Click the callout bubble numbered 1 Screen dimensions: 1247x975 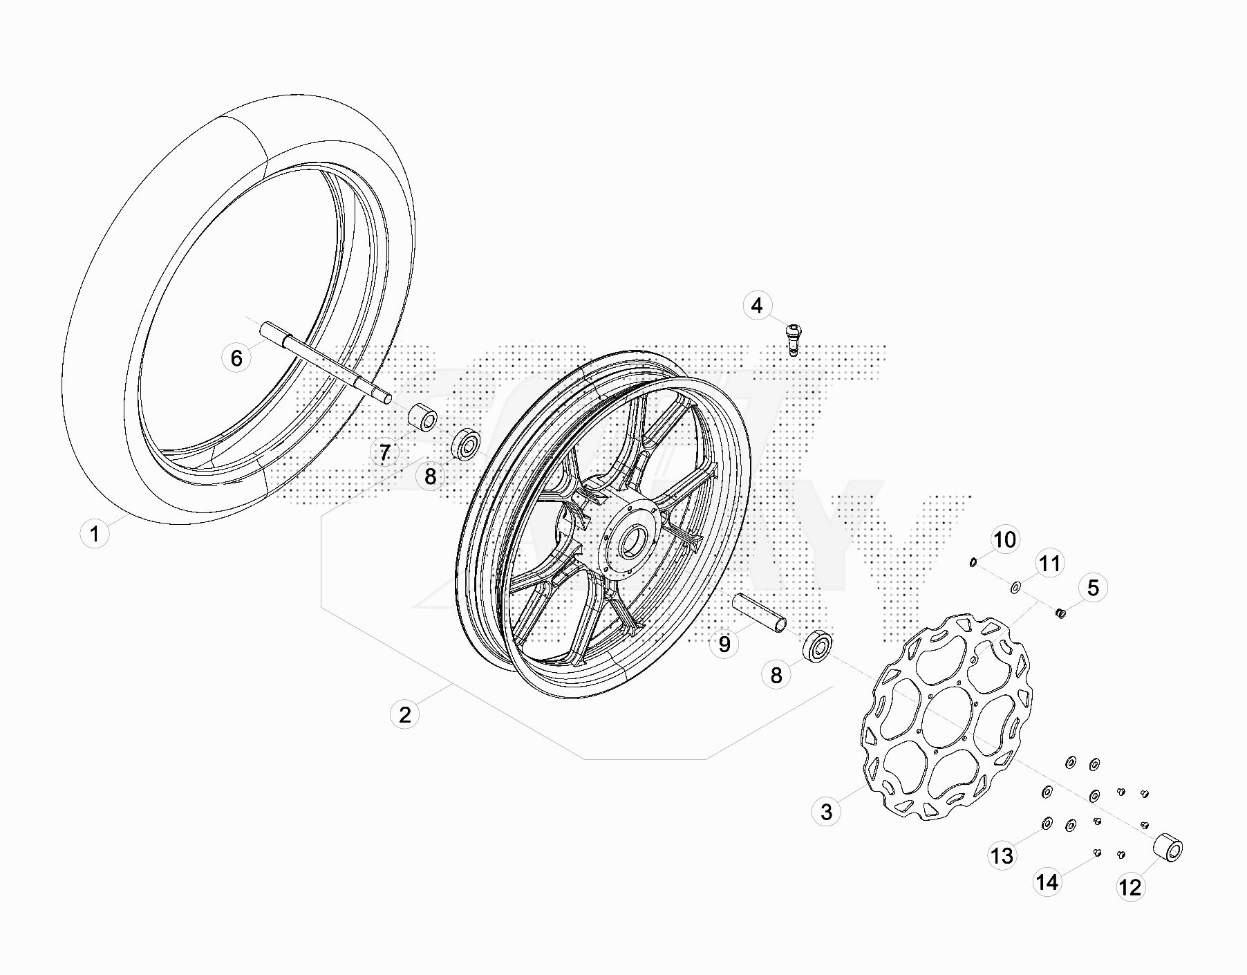[95, 534]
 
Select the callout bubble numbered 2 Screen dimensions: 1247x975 [404, 714]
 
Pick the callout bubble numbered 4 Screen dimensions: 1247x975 [758, 305]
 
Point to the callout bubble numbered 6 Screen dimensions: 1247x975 [236, 357]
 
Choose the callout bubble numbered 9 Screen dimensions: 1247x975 [724, 644]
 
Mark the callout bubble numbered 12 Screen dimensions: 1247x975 [1130, 886]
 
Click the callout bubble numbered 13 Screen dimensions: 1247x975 [1002, 856]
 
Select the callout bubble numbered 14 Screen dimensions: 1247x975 [1047, 882]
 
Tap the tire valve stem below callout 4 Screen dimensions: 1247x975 [793, 341]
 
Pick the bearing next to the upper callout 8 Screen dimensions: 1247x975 [466, 445]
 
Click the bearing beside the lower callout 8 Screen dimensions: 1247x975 [817, 647]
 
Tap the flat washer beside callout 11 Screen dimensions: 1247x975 [1016, 588]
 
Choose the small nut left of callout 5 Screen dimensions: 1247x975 [1060, 613]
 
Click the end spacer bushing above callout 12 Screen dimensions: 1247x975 [1168, 848]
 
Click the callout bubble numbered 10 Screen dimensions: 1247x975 [1005, 539]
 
